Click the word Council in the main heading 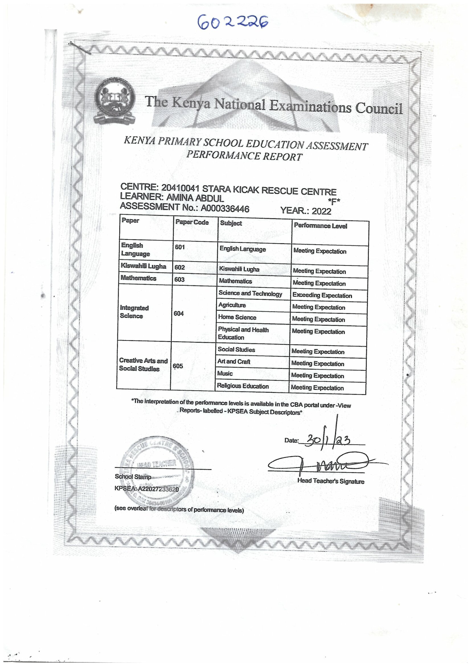379,108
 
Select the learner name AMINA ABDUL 195,198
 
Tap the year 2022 321,211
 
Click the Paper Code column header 192,222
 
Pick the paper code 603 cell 179,279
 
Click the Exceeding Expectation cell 322,295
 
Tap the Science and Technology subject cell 250,293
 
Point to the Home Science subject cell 237,317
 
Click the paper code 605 178,366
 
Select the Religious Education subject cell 243,386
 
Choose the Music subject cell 225,374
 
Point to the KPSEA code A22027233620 158,489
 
